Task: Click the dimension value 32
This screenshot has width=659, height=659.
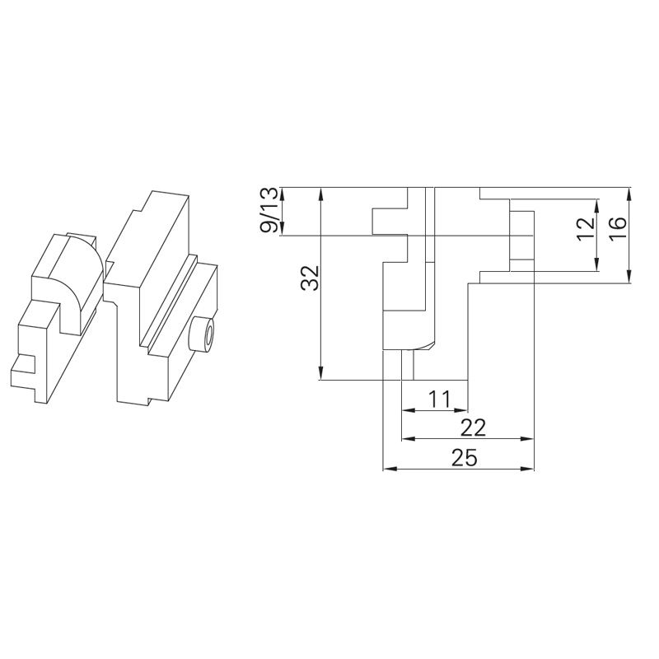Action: click(x=310, y=282)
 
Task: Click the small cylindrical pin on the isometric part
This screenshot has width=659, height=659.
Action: click(x=200, y=334)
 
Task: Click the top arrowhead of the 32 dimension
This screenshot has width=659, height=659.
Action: click(x=320, y=194)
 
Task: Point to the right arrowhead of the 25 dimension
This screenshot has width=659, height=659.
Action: click(x=530, y=470)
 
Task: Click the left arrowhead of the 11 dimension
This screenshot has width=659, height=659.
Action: click(x=407, y=409)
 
